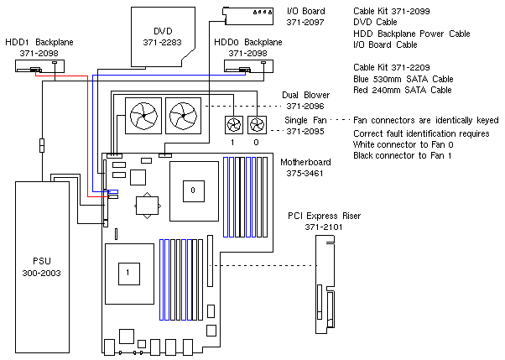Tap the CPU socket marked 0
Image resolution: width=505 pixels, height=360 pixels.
coord(193,192)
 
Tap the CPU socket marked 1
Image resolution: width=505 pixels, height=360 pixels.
coord(128,272)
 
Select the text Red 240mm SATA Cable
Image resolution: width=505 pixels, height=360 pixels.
coord(403,89)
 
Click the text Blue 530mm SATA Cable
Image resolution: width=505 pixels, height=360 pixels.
coord(403,77)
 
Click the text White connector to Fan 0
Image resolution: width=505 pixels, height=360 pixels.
coord(405,144)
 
